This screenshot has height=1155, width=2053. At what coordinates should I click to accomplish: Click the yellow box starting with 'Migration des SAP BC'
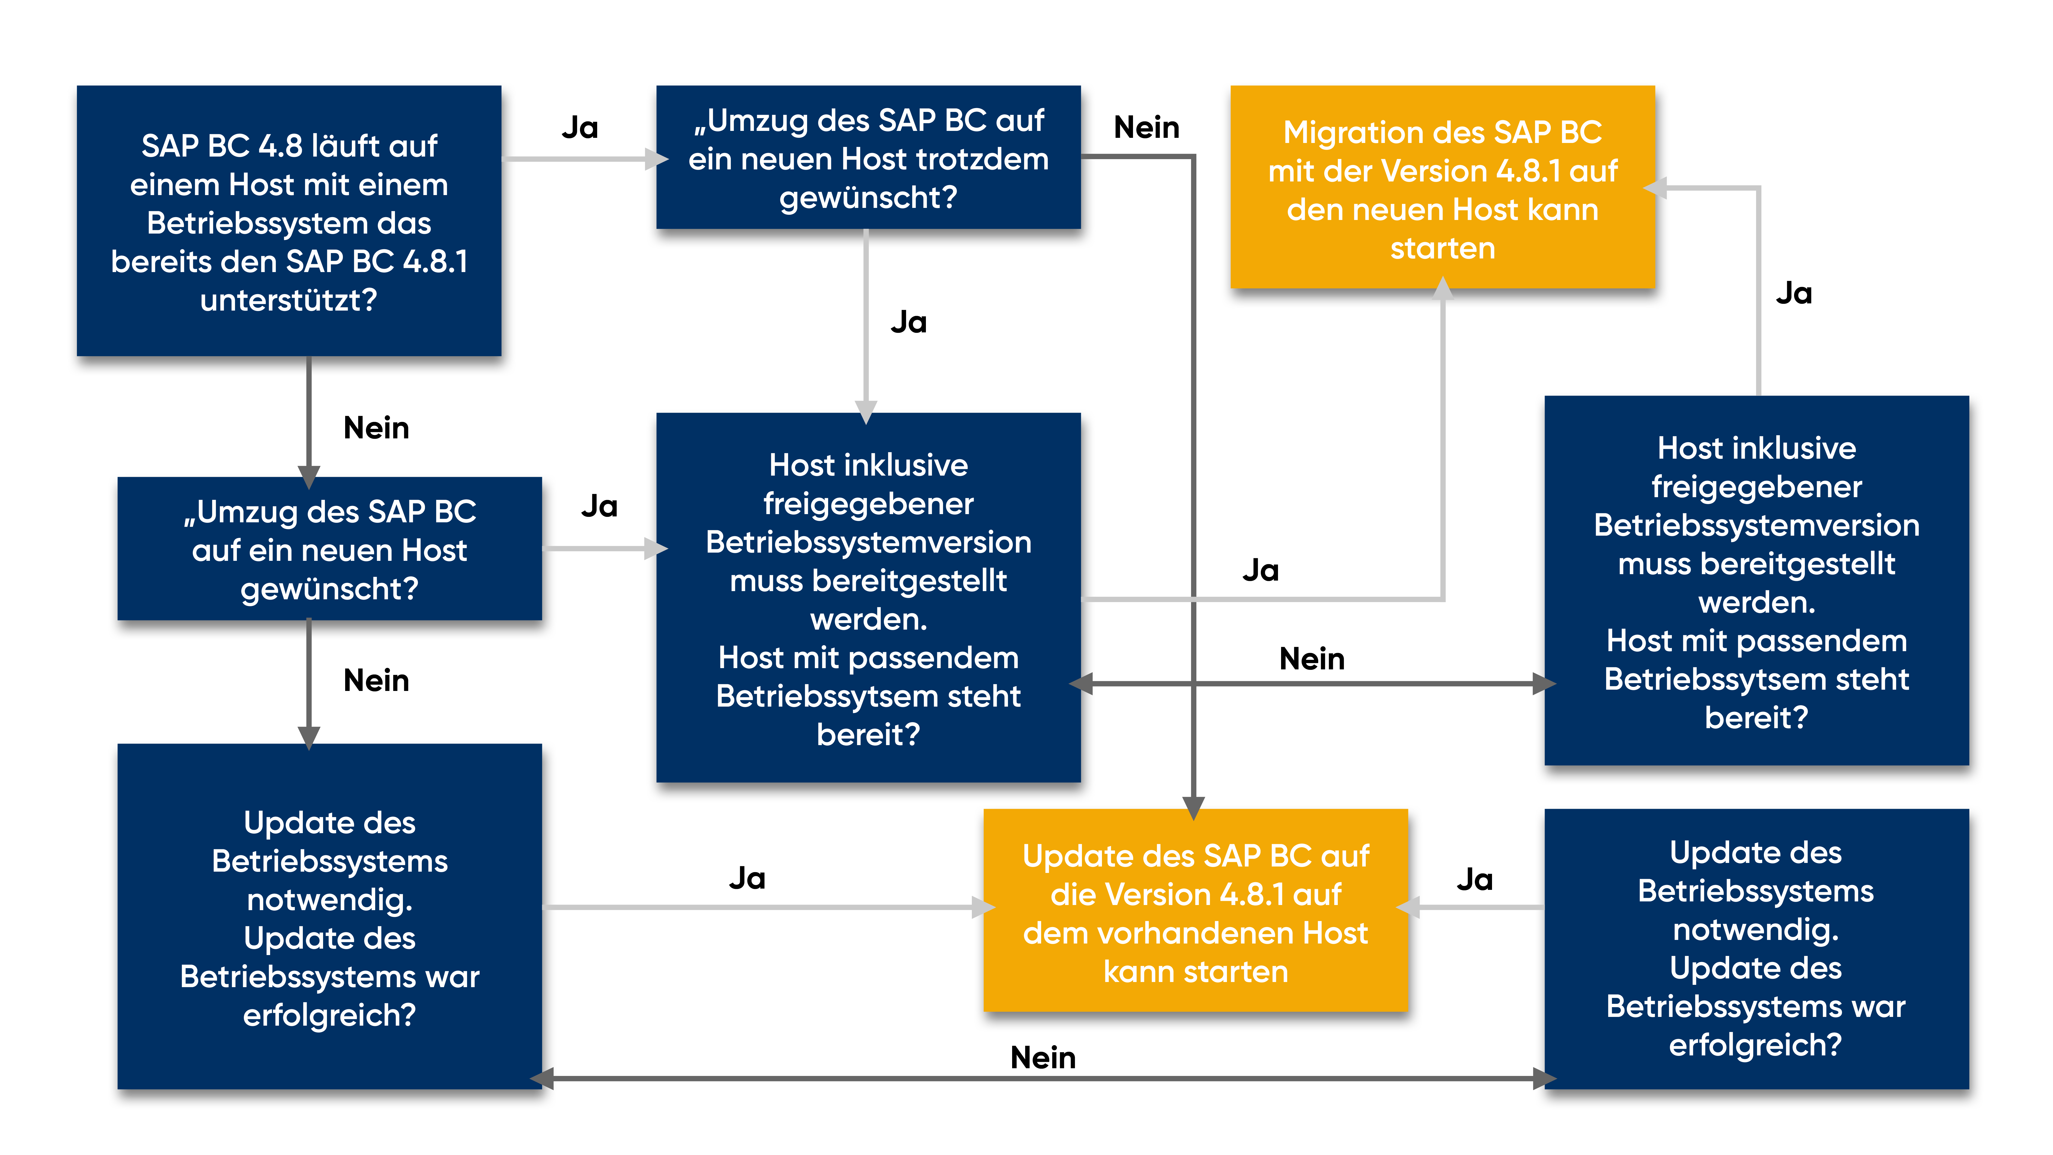click(1442, 187)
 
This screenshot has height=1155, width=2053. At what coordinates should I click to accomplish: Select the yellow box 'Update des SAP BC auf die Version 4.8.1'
click(1195, 910)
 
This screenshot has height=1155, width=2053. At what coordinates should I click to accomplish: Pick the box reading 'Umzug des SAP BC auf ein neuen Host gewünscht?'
click(329, 548)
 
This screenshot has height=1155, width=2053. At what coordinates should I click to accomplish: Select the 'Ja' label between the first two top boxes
click(579, 128)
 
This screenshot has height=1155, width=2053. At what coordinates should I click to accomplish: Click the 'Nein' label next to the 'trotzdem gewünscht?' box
click(1146, 128)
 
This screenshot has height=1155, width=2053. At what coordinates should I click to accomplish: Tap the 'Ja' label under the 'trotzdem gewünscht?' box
click(908, 322)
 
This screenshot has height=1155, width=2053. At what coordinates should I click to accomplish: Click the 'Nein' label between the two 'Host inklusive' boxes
click(1312, 659)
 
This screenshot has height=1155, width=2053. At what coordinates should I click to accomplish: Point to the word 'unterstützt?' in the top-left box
click(288, 301)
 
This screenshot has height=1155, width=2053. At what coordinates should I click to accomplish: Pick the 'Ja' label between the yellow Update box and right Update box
click(1474, 879)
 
